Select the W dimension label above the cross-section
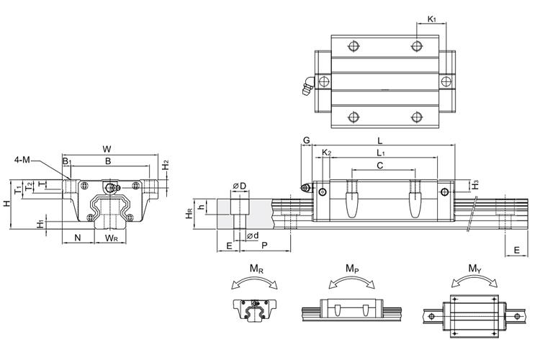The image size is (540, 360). point(107,148)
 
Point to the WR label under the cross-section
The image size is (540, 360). point(112,237)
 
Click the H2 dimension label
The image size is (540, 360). point(165,164)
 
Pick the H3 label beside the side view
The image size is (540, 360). point(476,186)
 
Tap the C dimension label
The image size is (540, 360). point(380,166)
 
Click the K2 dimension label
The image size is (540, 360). point(326,153)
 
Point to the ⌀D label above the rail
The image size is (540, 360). point(240,187)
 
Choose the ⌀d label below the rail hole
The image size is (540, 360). point(252,236)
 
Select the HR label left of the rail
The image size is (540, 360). point(189,213)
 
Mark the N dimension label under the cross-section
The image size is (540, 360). point(78,237)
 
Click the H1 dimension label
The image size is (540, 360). point(40,224)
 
